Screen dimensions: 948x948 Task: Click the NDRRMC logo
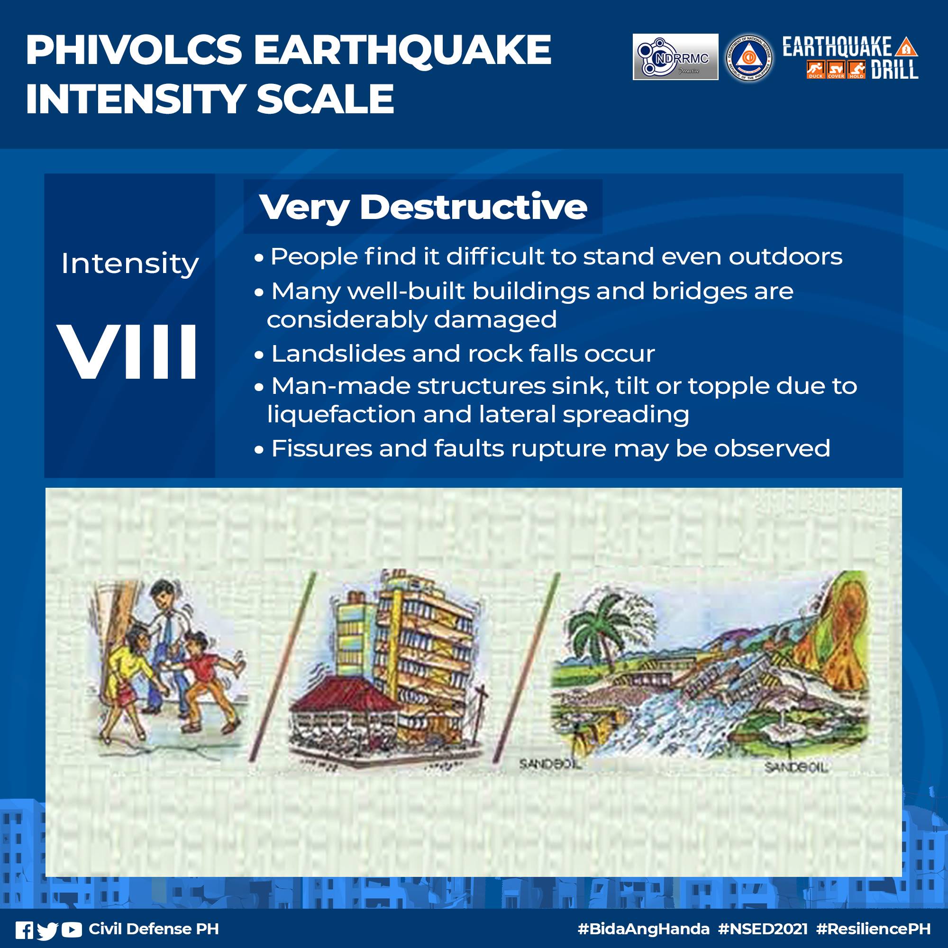pos(675,57)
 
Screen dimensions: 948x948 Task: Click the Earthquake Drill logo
pos(850,57)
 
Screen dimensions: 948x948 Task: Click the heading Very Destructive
pos(423,207)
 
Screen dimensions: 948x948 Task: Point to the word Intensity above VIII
pos(129,264)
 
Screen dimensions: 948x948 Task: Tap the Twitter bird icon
pos(47,930)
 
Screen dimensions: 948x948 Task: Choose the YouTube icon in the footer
pos(72,930)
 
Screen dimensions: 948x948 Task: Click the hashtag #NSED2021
pos(763,929)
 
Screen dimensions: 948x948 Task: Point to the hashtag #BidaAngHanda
pos(643,929)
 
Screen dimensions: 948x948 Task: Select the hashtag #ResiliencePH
pos(874,929)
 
